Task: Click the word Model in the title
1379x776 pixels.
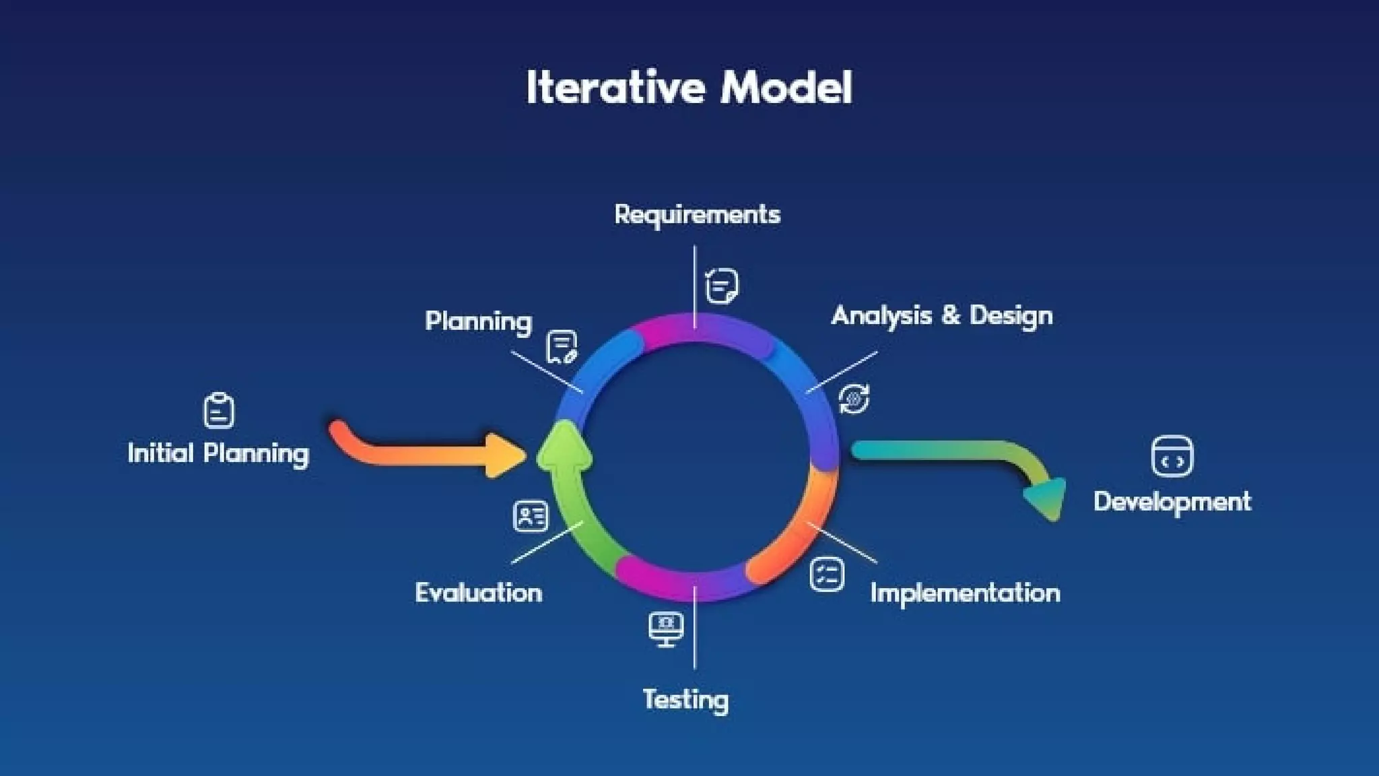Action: click(786, 88)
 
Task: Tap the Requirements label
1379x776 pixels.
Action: click(697, 215)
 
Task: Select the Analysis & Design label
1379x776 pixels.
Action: click(941, 316)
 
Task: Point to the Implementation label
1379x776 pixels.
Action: click(964, 593)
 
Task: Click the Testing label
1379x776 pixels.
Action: click(685, 699)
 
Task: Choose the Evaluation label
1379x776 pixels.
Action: click(478, 593)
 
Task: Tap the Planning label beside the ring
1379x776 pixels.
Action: click(478, 321)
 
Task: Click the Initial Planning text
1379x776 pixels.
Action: click(218, 453)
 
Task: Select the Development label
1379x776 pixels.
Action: click(1172, 502)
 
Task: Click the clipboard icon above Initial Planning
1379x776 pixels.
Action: click(219, 410)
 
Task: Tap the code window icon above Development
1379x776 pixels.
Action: click(1172, 456)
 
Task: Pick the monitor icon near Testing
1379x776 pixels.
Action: click(666, 629)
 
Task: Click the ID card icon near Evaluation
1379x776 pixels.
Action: click(531, 517)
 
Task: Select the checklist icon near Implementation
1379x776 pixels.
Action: click(826, 575)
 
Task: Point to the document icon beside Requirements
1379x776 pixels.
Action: click(722, 286)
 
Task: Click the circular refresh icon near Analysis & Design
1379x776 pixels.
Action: click(854, 399)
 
